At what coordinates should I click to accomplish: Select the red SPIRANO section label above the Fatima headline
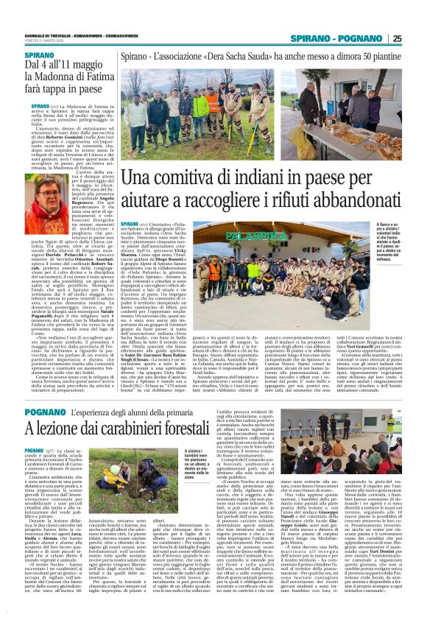click(x=39, y=55)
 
